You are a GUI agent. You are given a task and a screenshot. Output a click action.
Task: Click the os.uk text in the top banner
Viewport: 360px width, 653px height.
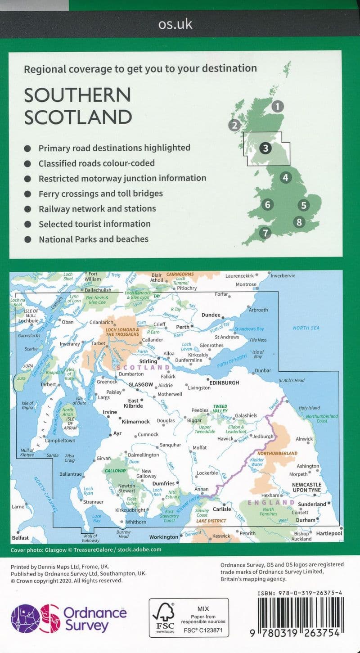tap(175, 24)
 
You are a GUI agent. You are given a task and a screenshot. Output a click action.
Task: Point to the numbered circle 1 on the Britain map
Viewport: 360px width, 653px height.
tap(278, 107)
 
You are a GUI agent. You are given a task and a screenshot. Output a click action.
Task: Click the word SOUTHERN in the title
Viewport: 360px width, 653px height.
tap(77, 95)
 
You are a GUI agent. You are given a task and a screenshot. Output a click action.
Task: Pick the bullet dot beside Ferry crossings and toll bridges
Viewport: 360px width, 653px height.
tap(28, 194)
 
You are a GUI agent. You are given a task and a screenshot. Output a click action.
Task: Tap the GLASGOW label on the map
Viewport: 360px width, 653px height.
tap(141, 385)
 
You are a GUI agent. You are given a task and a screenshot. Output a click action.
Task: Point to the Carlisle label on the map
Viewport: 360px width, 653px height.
tap(222, 509)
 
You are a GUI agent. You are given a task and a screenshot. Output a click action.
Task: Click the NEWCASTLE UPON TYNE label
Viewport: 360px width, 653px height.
tap(307, 487)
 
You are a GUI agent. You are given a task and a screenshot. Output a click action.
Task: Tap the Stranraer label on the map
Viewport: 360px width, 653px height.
tap(93, 501)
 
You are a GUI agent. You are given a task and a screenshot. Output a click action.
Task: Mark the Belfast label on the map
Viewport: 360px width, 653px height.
tap(21, 537)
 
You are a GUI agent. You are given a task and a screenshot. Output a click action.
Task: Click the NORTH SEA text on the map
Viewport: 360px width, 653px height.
tap(306, 328)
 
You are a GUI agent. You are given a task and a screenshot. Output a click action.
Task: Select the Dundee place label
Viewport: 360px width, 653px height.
tap(211, 315)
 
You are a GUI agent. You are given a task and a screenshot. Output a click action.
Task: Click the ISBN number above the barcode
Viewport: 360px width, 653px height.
tap(301, 594)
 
